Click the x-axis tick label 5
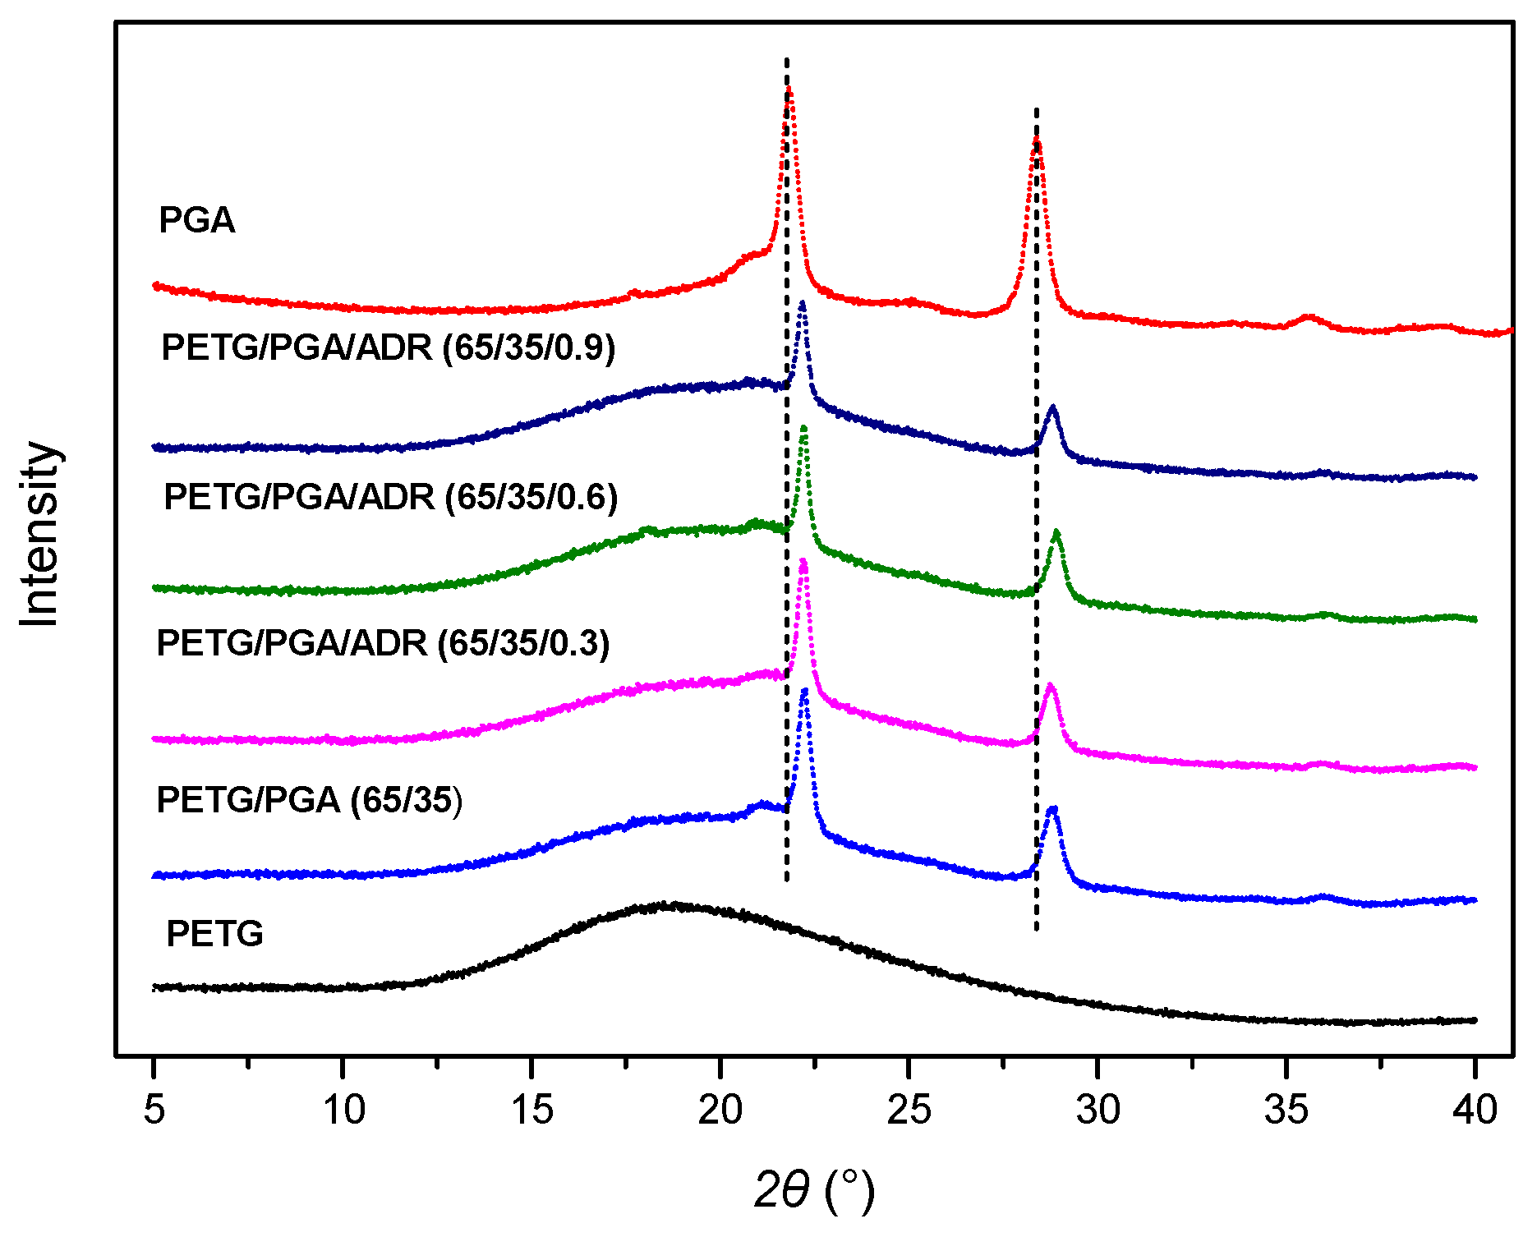click(154, 1111)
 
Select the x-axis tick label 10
click(343, 1111)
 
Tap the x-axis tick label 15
click(532, 1111)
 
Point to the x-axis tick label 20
click(720, 1111)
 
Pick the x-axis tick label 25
click(909, 1111)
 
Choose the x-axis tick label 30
click(1098, 1111)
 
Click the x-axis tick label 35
click(1286, 1111)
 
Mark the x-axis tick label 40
click(1475, 1111)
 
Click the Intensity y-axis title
click(39, 534)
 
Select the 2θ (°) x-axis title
click(814, 1190)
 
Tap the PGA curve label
click(196, 220)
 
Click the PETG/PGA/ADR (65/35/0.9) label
click(388, 347)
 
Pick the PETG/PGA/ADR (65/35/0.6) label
click(390, 497)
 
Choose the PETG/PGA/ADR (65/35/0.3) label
click(383, 643)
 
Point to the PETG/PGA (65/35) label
click(309, 800)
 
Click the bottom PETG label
click(214, 934)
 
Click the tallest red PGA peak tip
click(789, 88)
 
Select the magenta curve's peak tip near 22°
click(803, 561)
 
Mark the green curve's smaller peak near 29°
click(1056, 532)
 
